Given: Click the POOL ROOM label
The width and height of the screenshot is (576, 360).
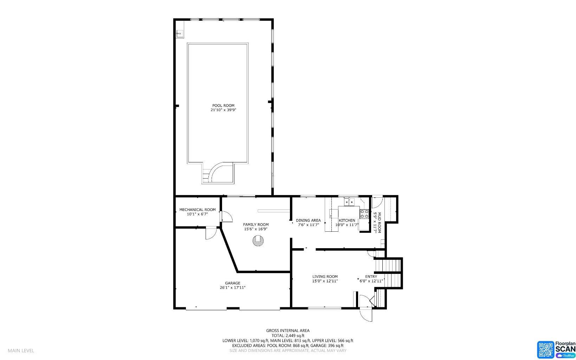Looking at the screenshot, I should coord(223,105).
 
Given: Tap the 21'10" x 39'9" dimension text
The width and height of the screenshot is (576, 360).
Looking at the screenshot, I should coord(223,110).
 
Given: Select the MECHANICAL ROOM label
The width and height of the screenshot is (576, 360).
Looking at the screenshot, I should coord(197,210).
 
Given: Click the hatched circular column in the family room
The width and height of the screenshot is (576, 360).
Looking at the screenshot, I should coord(258,241).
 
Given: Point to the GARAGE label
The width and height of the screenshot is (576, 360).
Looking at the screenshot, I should coord(233,283).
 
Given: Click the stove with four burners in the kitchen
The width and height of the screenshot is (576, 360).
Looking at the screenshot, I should coord(364,214).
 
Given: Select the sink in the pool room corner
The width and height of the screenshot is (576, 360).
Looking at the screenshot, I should coord(179,34).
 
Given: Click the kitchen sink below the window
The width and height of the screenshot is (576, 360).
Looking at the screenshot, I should coord(349,202).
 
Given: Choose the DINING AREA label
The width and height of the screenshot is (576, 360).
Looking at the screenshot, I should coord(308,220).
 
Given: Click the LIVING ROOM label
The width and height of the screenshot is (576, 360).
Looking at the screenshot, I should coord(325,277).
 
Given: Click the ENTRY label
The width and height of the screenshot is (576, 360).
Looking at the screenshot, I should coord(371,277).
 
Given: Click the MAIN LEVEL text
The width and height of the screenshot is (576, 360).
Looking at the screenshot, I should coord(21,351).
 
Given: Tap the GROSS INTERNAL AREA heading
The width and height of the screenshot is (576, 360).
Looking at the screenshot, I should coord(287,330).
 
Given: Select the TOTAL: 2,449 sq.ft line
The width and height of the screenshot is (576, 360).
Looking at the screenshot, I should coord(287,335).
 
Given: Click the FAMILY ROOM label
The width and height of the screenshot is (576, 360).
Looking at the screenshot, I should coord(256,225).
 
